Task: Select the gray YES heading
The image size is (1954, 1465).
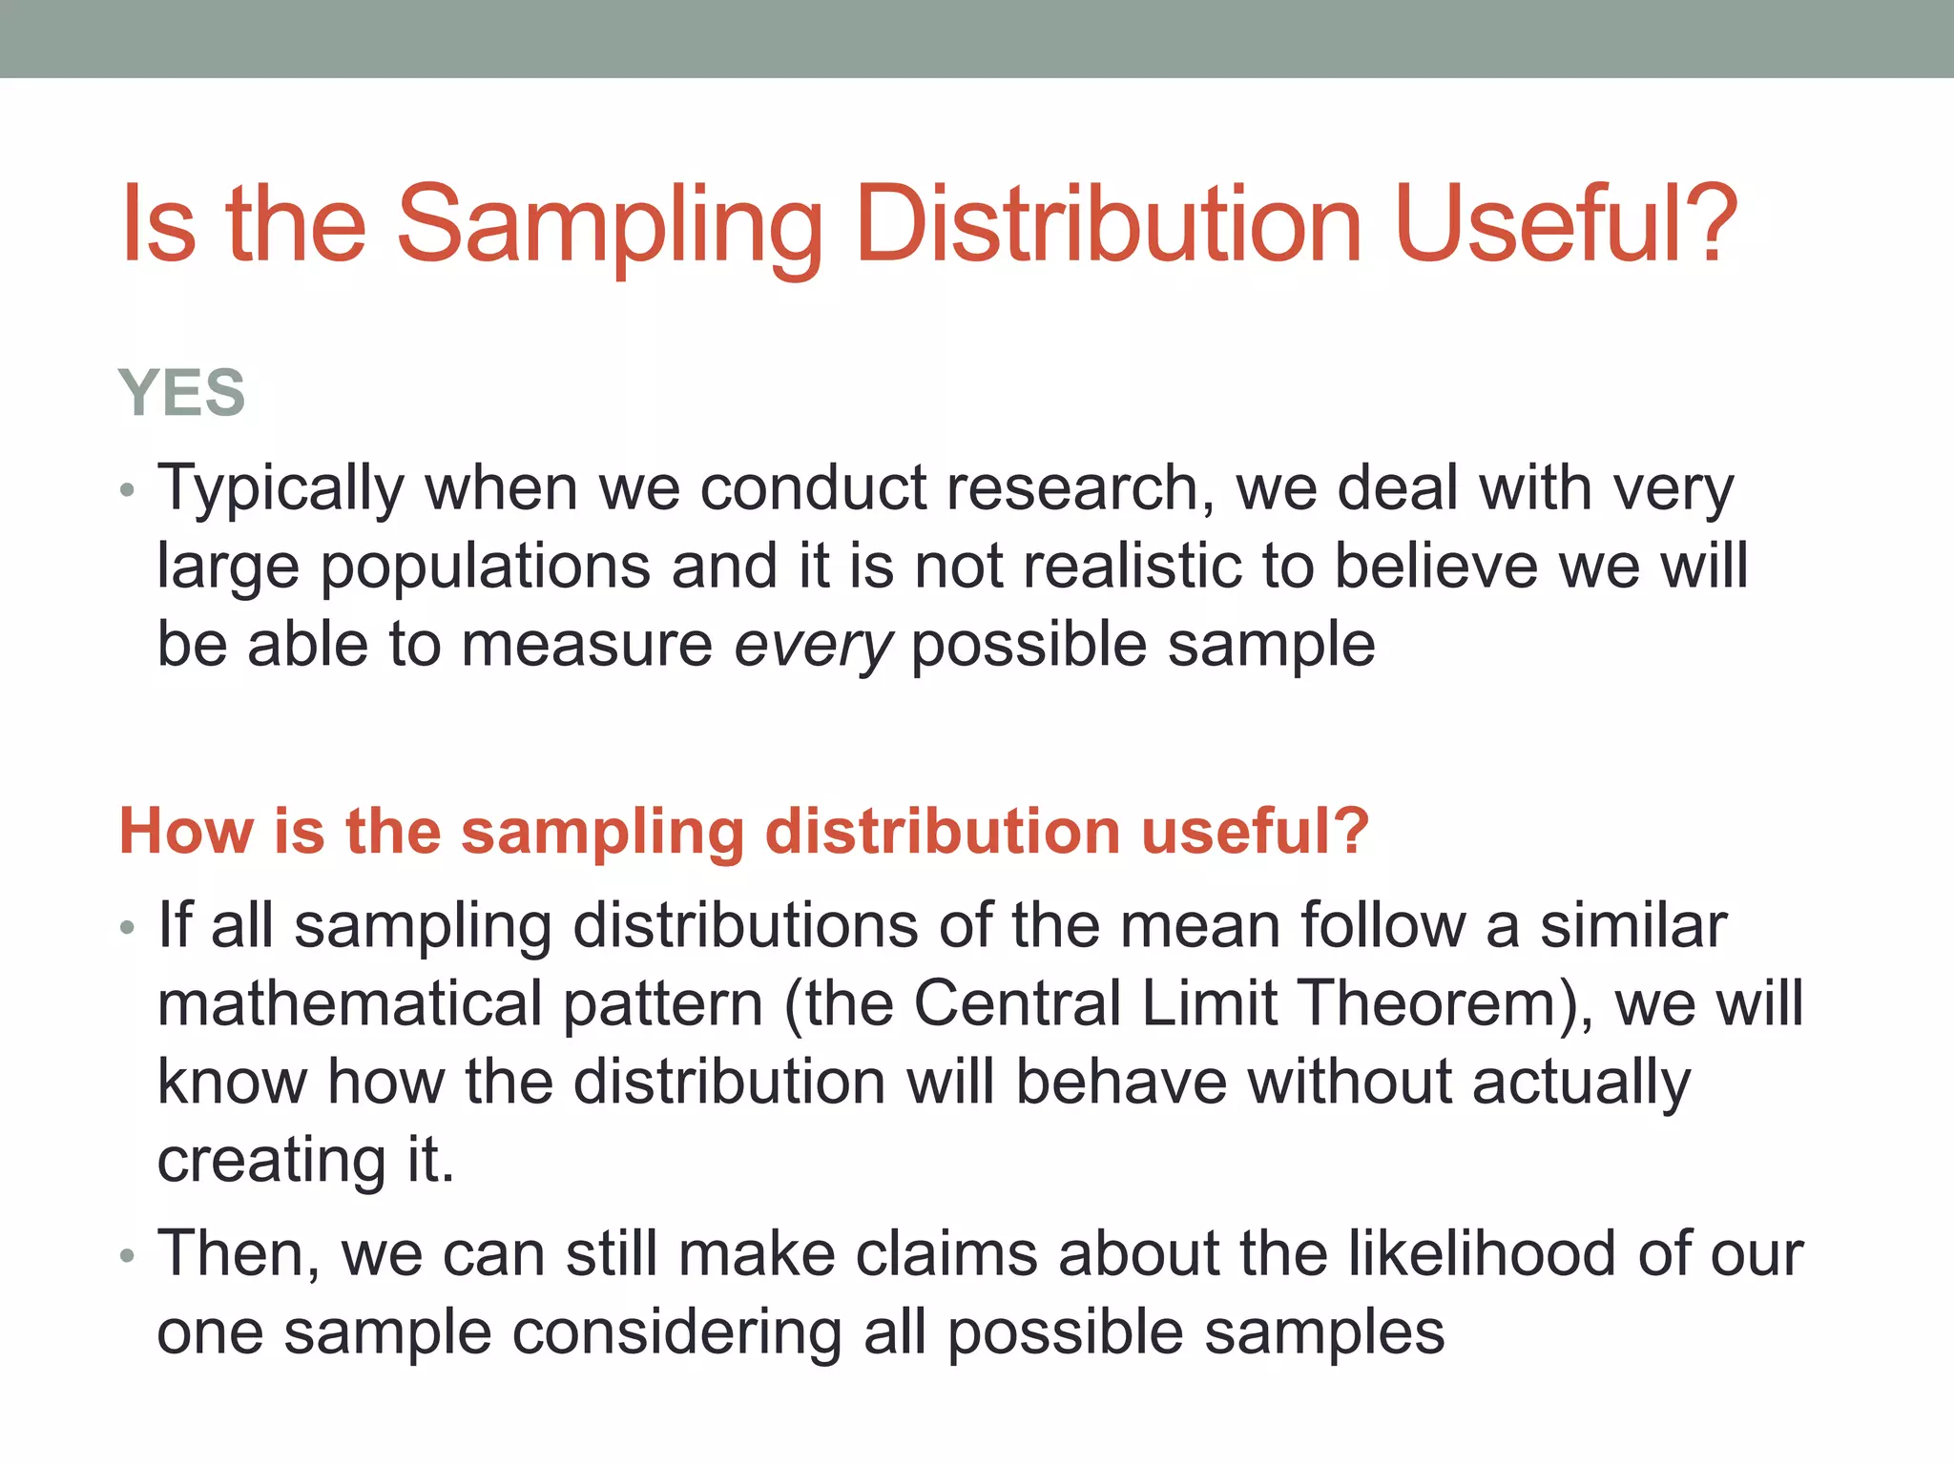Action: [x=181, y=392]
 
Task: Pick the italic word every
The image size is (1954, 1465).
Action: [x=813, y=646]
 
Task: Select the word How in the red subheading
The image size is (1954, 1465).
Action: [x=186, y=831]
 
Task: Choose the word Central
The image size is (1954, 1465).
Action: [x=1016, y=1004]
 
